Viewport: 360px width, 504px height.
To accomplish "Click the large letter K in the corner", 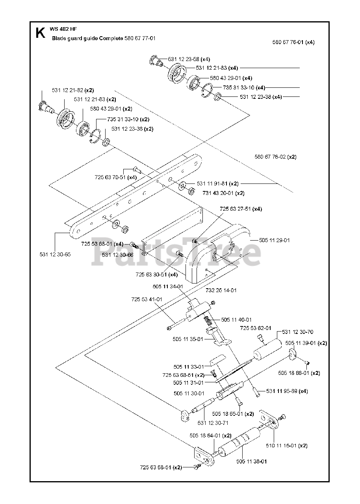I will tap(40, 33).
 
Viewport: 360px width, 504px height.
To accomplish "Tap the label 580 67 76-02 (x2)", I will tap(275, 157).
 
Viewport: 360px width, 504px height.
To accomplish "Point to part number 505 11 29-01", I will tap(274, 240).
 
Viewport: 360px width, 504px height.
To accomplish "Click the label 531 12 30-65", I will tap(55, 254).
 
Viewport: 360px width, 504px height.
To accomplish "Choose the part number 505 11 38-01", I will tap(252, 461).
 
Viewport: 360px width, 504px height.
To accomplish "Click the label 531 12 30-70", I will tap(298, 332).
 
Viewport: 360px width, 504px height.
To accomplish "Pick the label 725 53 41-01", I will tap(147, 299).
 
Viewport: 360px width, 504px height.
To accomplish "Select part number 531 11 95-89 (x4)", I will tap(287, 391).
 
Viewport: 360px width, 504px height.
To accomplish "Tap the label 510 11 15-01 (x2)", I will tap(292, 446).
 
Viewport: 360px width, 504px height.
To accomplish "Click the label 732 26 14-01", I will tap(221, 290).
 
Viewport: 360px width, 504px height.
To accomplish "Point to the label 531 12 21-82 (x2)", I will tap(73, 90).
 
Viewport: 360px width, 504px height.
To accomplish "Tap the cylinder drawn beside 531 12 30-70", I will tap(267, 350).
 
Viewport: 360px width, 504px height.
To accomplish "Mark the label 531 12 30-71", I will tap(213, 423).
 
